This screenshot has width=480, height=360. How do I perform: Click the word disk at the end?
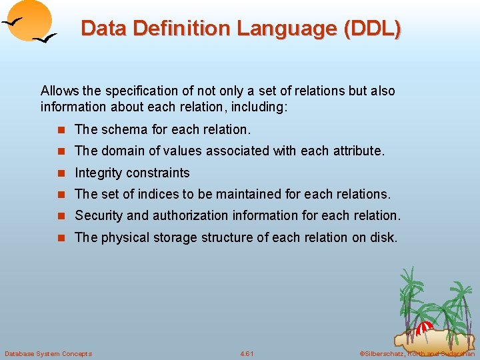click(x=384, y=238)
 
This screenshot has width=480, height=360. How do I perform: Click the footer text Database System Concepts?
click(x=48, y=353)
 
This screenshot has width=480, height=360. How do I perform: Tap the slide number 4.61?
click(x=247, y=353)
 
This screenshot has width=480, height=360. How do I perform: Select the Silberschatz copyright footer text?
click(x=417, y=353)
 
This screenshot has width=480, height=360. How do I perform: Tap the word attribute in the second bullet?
click(x=359, y=151)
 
